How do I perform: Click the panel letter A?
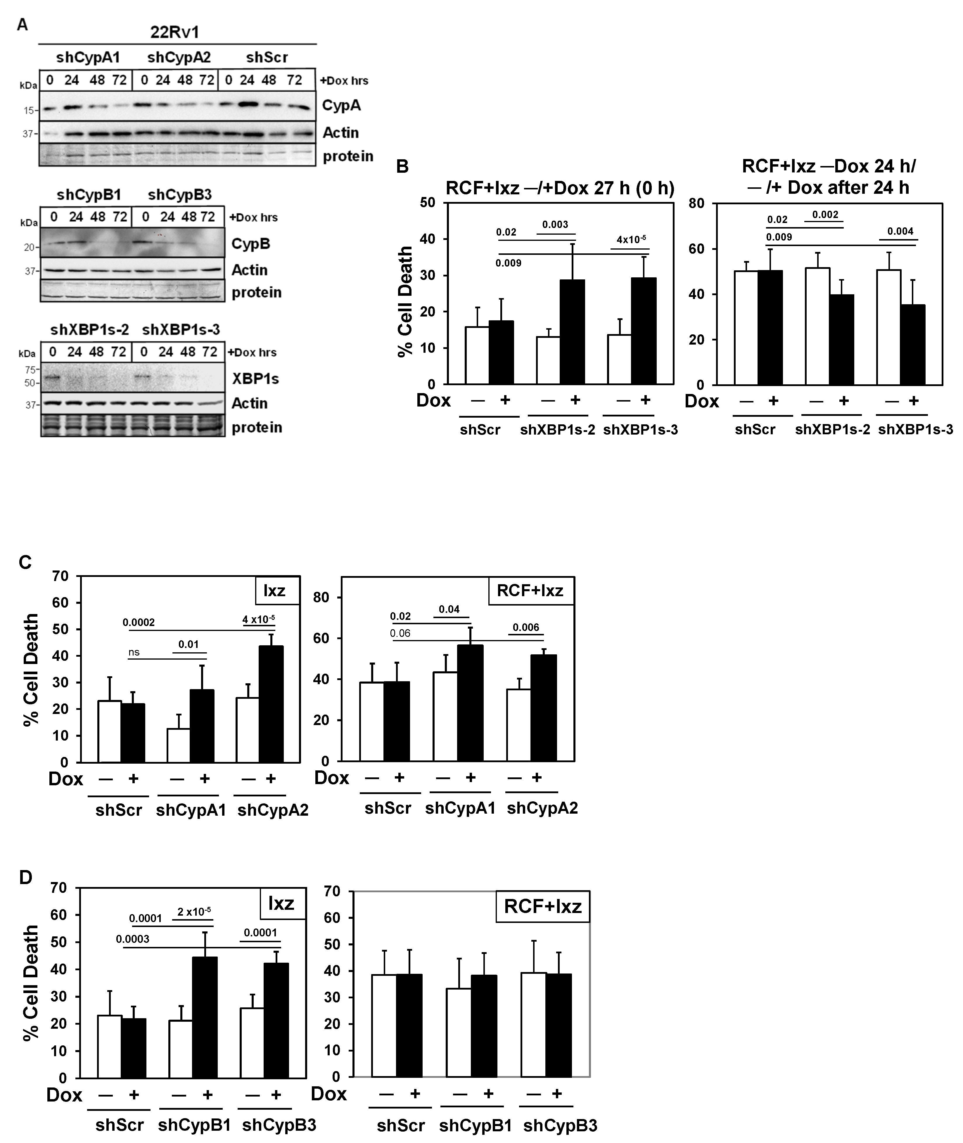[x=23, y=25]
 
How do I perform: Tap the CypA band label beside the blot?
[x=341, y=105]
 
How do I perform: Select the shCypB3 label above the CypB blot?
[x=180, y=195]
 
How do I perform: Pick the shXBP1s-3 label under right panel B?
[x=915, y=430]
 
